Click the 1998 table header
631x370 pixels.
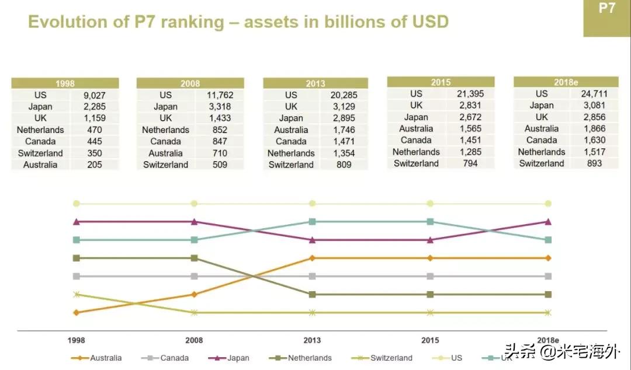pos(65,83)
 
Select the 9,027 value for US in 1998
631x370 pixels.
pos(94,95)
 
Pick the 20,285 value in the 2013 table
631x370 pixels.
pos(344,95)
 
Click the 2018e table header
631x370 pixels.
pos(565,82)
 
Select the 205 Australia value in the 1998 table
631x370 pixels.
pos(94,165)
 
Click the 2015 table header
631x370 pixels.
pos(441,82)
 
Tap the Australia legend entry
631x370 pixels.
pos(106,358)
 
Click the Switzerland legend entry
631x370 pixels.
pos(391,358)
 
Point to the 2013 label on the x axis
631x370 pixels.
pos(312,340)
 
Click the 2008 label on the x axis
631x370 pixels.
pos(194,340)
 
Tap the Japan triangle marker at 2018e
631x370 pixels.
pos(548,221)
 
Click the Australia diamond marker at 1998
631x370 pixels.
pos(76,312)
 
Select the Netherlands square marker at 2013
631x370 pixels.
pos(313,294)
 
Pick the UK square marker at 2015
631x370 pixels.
pos(431,221)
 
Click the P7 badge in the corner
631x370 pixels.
pos(607,9)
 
